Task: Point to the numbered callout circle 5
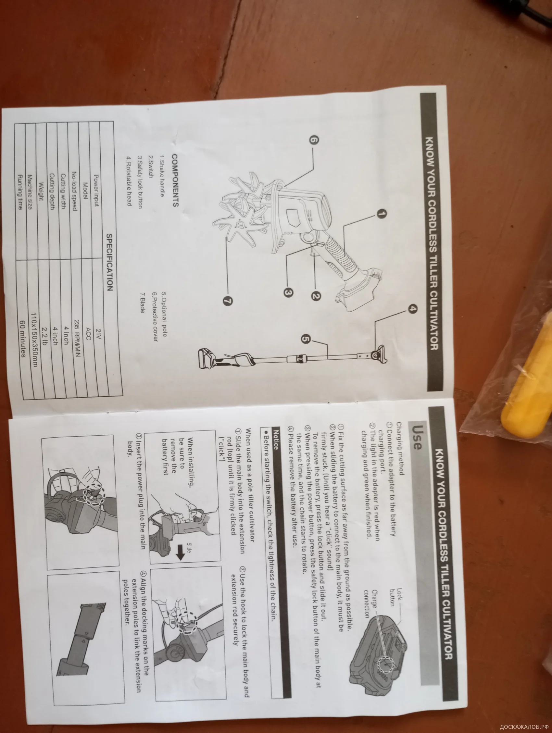[306, 339]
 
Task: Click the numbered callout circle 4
[412, 308]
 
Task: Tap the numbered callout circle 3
[287, 292]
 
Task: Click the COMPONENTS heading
[175, 180]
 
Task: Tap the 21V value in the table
[98, 334]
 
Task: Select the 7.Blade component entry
[142, 303]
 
